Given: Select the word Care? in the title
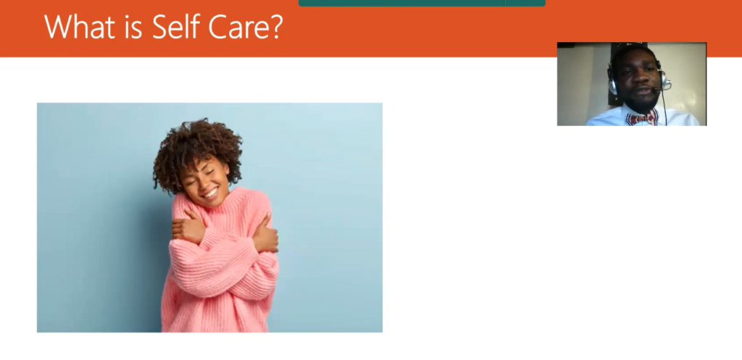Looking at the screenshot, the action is pyautogui.click(x=245, y=27).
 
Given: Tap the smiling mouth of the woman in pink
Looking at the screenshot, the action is pyautogui.click(x=210, y=193).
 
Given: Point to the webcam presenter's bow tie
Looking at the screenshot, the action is pyautogui.click(x=641, y=118).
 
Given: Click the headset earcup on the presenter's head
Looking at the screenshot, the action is pyautogui.click(x=613, y=83).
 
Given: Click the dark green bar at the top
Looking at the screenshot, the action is pyautogui.click(x=422, y=3).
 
